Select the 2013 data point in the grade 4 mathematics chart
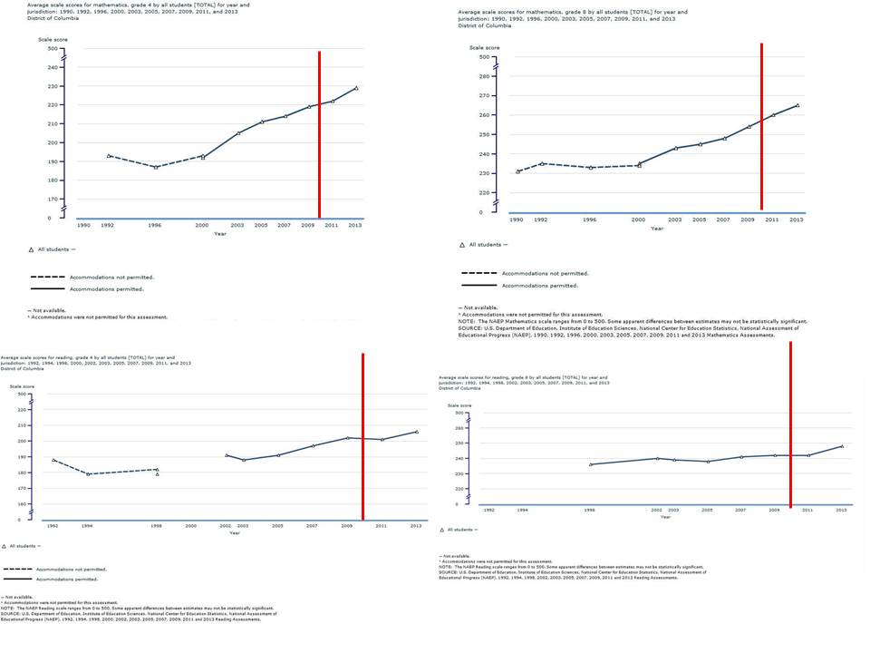[356, 88]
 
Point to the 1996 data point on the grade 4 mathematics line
[155, 167]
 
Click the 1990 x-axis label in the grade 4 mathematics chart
[83, 224]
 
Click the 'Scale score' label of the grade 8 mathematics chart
[483, 47]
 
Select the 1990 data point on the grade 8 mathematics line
[517, 171]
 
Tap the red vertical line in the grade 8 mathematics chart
[761, 127]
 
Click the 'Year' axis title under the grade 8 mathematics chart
[656, 228]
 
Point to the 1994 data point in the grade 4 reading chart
[87, 474]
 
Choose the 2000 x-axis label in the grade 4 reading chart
[191, 526]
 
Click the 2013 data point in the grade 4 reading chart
[416, 432]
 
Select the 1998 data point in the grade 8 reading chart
[590, 464]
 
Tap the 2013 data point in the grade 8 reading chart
[842, 446]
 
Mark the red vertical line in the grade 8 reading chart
[790, 426]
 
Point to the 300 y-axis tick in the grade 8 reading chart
[460, 428]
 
